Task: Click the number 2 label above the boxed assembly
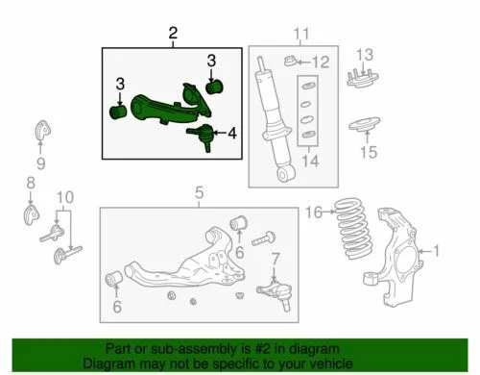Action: tap(173, 36)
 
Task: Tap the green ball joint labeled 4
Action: tap(204, 134)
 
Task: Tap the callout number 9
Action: tap(40, 162)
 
